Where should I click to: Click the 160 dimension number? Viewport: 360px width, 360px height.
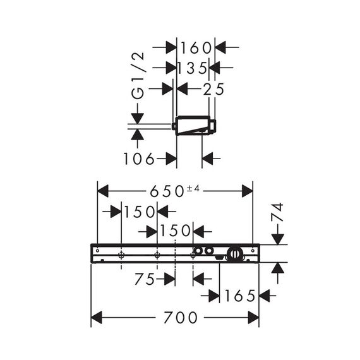(x=196, y=48)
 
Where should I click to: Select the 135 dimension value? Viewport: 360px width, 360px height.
(x=193, y=68)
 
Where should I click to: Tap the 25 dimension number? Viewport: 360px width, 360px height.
(x=213, y=89)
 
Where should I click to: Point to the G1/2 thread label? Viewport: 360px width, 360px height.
(x=138, y=76)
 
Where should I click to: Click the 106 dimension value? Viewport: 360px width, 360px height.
(x=139, y=159)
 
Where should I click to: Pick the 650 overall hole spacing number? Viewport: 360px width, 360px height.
(x=167, y=191)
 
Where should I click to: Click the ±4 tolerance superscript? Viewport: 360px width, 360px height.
(x=193, y=188)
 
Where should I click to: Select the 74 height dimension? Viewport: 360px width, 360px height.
(x=277, y=212)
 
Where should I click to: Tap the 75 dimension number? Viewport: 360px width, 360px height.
(x=145, y=279)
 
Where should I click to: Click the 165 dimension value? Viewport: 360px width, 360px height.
(x=240, y=296)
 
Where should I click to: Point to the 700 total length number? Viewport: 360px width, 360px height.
(x=180, y=317)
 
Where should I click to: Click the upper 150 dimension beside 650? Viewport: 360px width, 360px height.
(x=140, y=212)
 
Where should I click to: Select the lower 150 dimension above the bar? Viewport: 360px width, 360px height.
(x=175, y=231)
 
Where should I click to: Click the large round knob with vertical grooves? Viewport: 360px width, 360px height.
(x=234, y=254)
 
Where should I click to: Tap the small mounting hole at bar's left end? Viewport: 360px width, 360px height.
(x=97, y=251)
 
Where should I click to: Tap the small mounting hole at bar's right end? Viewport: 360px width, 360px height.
(x=253, y=251)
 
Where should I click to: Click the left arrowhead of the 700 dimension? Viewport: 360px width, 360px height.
(x=97, y=317)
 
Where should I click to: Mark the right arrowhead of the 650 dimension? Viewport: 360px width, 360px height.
(x=247, y=191)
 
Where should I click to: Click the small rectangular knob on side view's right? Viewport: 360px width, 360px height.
(x=213, y=126)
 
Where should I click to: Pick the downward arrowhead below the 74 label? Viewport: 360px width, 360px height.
(x=277, y=239)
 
